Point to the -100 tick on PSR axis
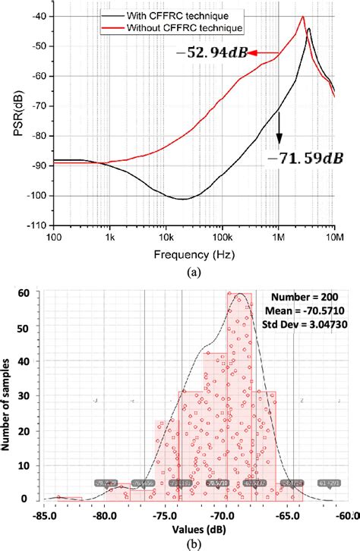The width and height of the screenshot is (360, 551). pos(34,196)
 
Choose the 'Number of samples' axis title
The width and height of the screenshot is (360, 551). pos(10,395)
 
